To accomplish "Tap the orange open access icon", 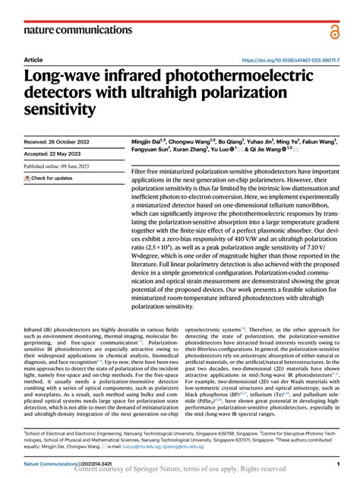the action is [x=335, y=30].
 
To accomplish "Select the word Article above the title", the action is [x=33, y=59].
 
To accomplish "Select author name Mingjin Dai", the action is [x=149, y=141].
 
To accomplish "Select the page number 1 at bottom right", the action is [x=336, y=464].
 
